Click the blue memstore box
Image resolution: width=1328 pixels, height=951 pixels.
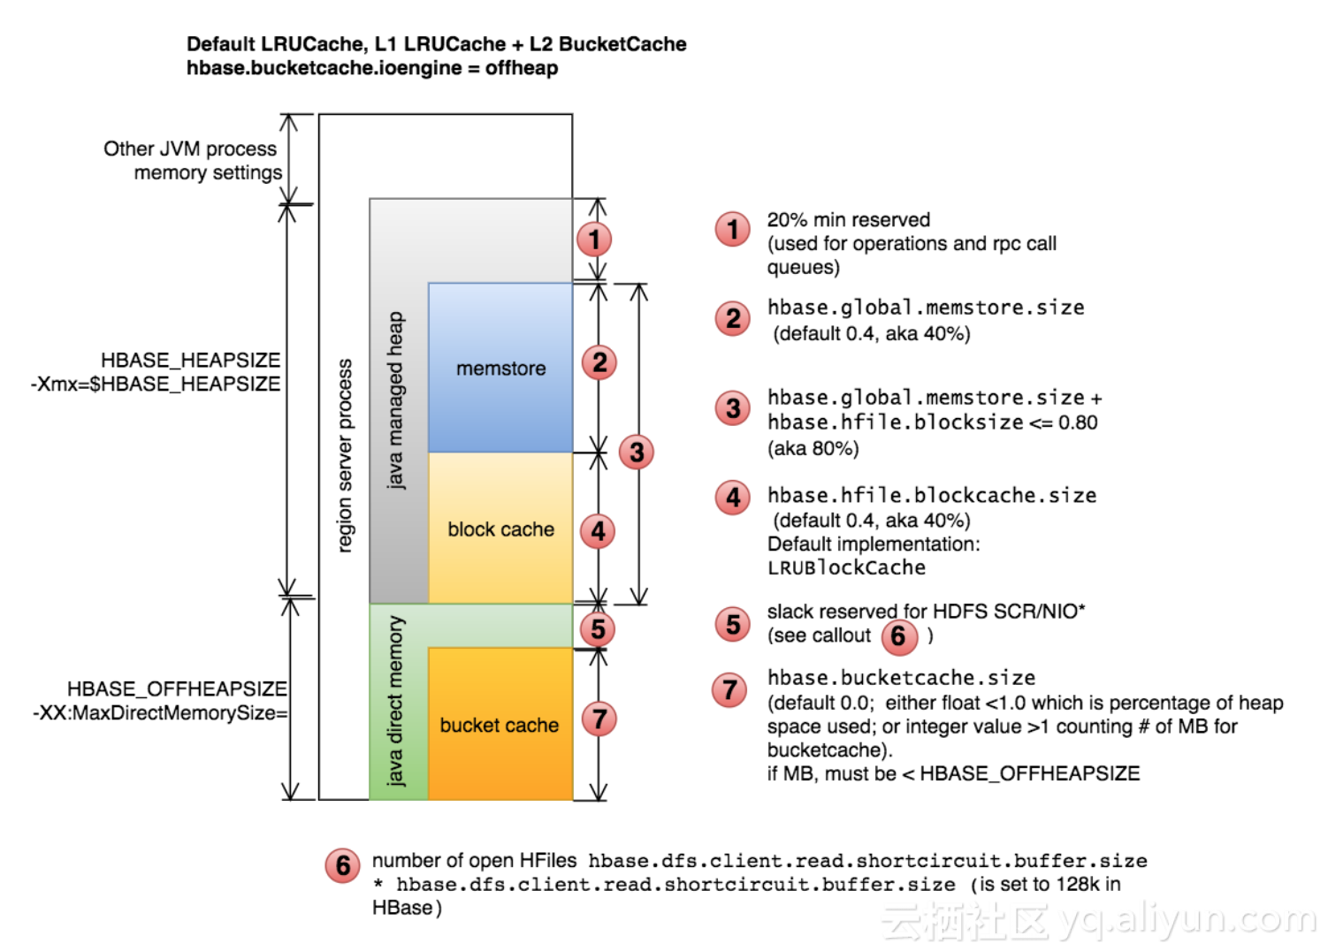point(500,368)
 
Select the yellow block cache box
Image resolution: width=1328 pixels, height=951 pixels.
point(500,529)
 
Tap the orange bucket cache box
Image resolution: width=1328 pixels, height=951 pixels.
point(500,725)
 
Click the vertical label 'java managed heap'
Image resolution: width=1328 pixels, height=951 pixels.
point(395,399)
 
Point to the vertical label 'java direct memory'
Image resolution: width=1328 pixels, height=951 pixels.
point(395,701)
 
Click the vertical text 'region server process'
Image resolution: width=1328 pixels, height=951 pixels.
point(345,455)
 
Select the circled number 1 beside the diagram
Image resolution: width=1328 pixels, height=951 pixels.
point(594,239)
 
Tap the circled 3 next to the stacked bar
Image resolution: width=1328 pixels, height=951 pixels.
point(636,453)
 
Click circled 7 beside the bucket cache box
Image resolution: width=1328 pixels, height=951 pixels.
point(599,719)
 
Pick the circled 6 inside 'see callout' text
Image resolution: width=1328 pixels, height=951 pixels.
point(898,636)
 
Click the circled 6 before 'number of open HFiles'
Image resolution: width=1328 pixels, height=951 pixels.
point(342,865)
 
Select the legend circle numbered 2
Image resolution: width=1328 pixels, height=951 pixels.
point(732,318)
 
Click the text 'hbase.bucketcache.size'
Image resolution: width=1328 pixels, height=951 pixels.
point(901,678)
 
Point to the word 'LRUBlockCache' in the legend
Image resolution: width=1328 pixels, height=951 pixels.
point(846,568)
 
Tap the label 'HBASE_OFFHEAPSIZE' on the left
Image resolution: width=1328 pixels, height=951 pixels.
point(177,689)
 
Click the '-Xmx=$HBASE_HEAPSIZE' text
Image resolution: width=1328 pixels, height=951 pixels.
point(156,384)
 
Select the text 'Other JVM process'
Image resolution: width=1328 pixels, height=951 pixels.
point(190,148)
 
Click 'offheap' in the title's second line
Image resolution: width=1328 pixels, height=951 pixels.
point(522,68)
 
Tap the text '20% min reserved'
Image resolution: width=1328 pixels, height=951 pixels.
point(848,219)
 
